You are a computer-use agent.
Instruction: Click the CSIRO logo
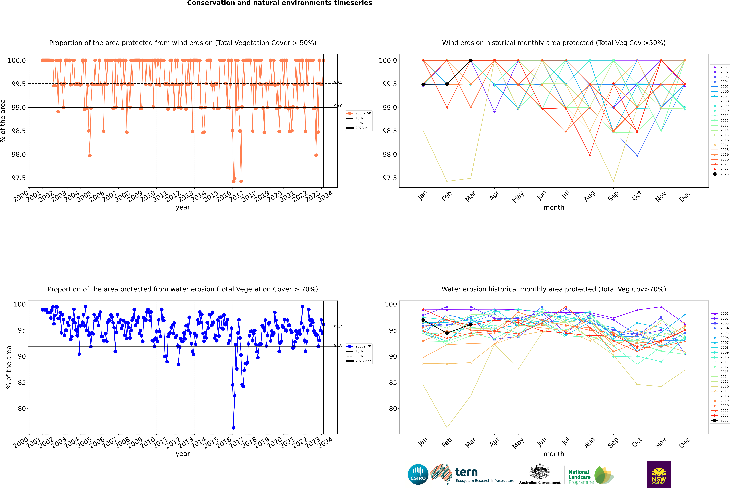(418, 474)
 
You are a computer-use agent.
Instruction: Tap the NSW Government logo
(659, 474)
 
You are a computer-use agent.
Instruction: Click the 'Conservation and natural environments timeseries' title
(279, 3)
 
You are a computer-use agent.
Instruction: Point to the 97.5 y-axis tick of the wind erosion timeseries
(19, 178)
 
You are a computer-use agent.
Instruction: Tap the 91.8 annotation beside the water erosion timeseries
(338, 345)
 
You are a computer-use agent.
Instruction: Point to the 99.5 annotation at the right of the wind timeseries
(338, 82)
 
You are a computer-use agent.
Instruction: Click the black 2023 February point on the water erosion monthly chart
(447, 333)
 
